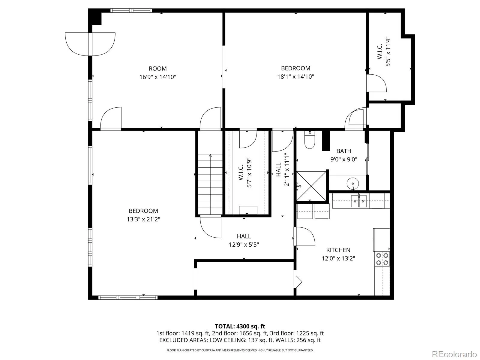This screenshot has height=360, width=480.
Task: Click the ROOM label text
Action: click(157, 69)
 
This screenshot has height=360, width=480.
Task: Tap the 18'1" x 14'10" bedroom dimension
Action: click(295, 77)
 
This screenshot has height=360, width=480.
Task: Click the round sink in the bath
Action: click(352, 183)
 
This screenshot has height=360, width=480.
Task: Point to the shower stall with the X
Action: click(311, 186)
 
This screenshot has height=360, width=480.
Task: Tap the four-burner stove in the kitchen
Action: click(382, 259)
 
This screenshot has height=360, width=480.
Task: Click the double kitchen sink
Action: click(359, 201)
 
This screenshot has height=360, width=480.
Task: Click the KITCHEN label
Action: click(338, 250)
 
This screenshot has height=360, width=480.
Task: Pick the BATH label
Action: click(344, 151)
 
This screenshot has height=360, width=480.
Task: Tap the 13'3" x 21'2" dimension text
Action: click(143, 219)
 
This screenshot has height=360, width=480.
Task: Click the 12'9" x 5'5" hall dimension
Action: click(244, 244)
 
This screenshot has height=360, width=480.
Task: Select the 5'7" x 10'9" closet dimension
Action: click(249, 173)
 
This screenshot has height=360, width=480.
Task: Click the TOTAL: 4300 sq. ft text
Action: click(240, 326)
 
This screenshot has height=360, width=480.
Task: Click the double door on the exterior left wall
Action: click(90, 44)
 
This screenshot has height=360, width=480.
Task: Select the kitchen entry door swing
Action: click(304, 236)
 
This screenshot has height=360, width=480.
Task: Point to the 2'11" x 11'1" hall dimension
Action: click(286, 169)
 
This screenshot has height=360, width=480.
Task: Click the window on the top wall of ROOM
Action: click(131, 10)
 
